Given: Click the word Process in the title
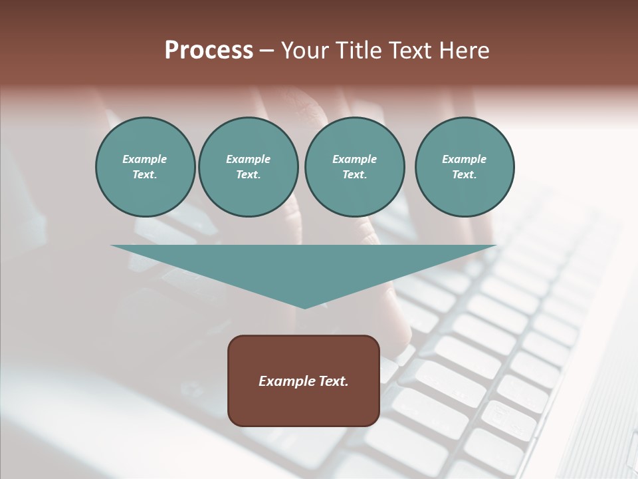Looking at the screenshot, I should (x=209, y=51).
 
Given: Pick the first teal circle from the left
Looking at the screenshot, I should (x=145, y=167).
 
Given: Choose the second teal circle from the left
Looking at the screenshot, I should (x=248, y=167).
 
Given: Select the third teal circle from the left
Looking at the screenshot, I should (x=354, y=167).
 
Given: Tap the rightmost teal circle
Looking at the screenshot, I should (x=465, y=167).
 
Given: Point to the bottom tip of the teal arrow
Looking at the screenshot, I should (x=304, y=307).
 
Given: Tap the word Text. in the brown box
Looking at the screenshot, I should (x=334, y=381).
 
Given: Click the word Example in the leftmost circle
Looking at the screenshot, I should (x=145, y=159).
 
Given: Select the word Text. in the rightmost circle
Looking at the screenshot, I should (x=465, y=175).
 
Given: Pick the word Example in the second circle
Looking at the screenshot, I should (x=248, y=159).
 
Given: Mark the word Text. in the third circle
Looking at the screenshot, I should (x=354, y=175).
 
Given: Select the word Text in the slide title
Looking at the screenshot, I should (x=411, y=51).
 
